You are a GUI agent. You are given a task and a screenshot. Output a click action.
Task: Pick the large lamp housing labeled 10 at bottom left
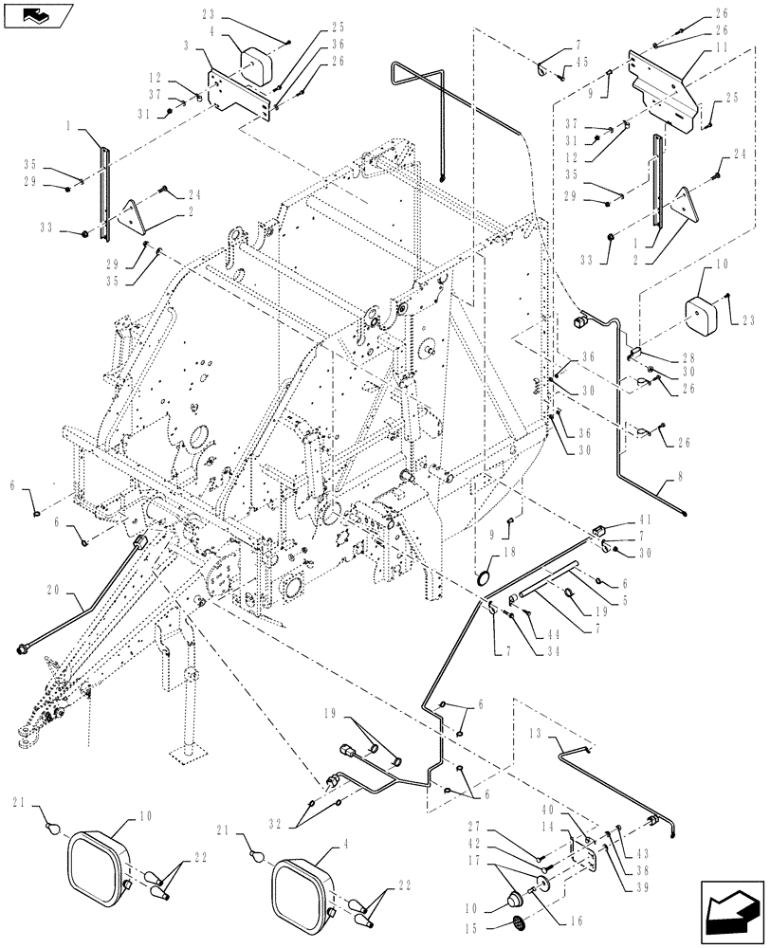(x=99, y=860)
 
